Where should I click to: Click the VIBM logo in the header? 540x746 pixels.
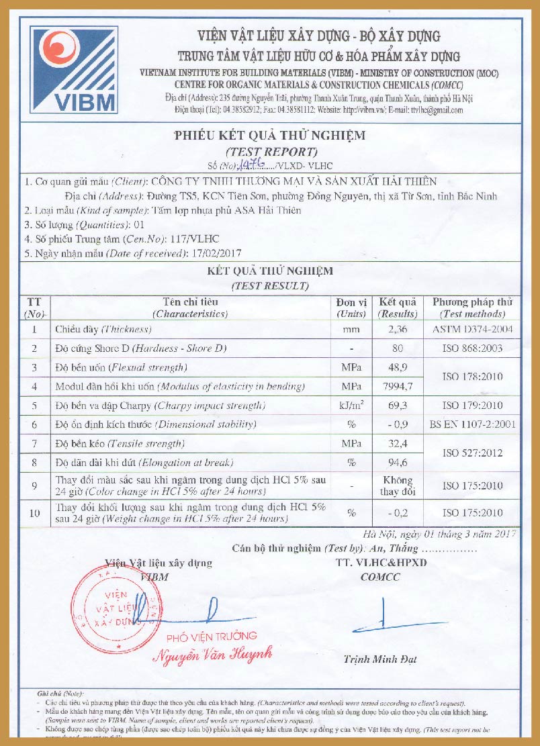[x=74, y=70]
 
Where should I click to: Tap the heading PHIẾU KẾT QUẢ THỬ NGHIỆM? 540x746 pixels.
[x=269, y=135]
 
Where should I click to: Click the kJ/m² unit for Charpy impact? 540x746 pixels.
[x=351, y=406]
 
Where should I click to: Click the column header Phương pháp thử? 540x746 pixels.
[x=471, y=302]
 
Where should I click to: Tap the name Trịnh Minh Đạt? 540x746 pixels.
[x=380, y=659]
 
